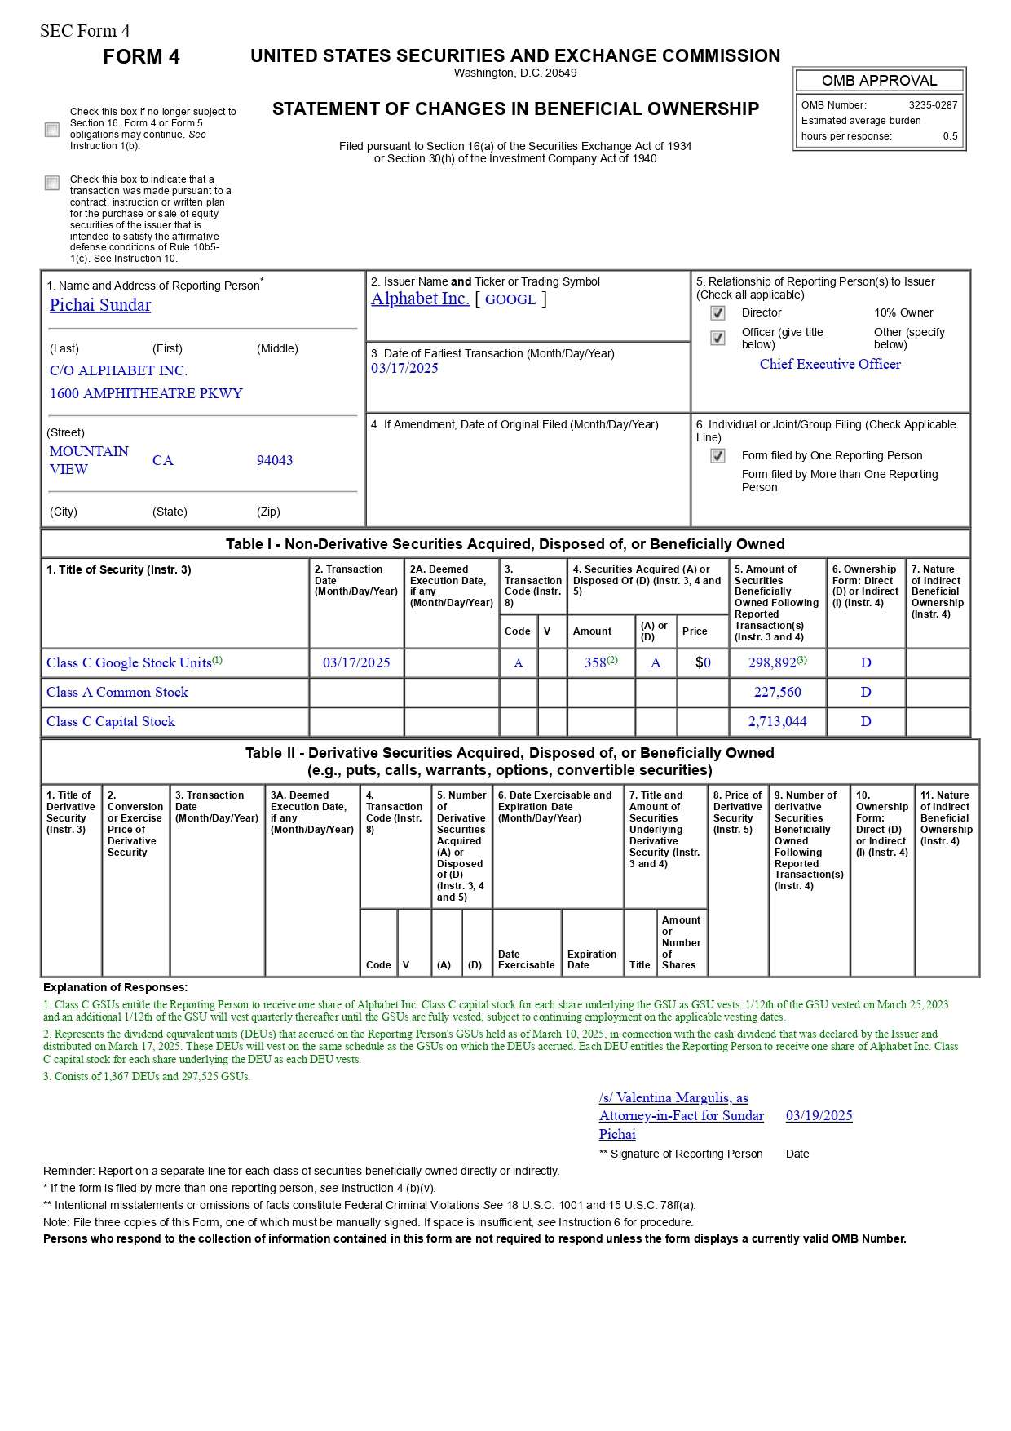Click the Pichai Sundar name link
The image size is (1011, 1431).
[x=100, y=305]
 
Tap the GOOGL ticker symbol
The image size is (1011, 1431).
[x=510, y=299]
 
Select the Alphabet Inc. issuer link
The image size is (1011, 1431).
[x=420, y=299]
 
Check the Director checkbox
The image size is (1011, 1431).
[x=717, y=313]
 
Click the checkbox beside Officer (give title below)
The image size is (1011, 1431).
[x=717, y=338]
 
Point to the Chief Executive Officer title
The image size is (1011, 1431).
[x=830, y=365]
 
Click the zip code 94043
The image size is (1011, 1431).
[x=275, y=460]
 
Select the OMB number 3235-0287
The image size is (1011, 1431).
[x=933, y=105]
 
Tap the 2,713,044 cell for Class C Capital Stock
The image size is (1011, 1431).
[x=778, y=722]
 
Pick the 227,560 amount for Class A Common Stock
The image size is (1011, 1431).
[x=778, y=693]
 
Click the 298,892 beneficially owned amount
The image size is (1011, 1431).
[x=772, y=663]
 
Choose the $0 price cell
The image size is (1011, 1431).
[x=703, y=663]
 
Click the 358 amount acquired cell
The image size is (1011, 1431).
[x=596, y=663]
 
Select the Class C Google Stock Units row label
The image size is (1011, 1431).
[x=129, y=663]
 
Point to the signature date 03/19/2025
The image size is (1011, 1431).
[x=819, y=1116]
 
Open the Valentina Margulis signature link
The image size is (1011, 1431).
[x=681, y=1116]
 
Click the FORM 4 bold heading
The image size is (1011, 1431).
[x=141, y=57]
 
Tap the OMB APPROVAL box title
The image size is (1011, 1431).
[x=879, y=81]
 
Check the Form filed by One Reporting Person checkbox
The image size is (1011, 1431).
[x=717, y=456]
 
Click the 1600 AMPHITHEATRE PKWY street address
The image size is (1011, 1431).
[x=146, y=393]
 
